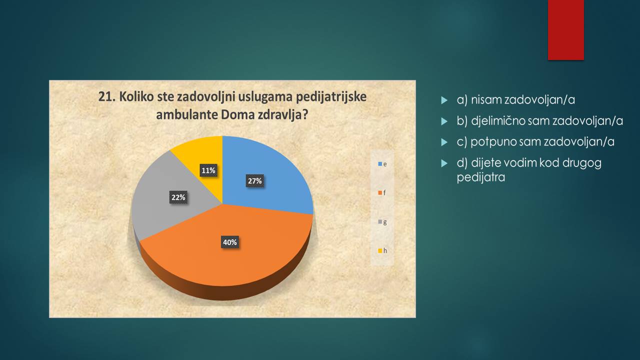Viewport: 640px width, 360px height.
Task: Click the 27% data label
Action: pyautogui.click(x=255, y=181)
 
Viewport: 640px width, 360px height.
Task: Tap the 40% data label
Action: pyautogui.click(x=229, y=242)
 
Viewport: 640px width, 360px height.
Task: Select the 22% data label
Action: pyautogui.click(x=178, y=197)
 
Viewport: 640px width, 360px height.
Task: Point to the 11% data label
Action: pyautogui.click(x=208, y=170)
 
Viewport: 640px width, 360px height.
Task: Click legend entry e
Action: pyautogui.click(x=382, y=164)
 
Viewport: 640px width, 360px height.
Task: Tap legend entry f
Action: pyautogui.click(x=382, y=193)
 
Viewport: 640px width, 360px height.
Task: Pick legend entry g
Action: pyautogui.click(x=382, y=222)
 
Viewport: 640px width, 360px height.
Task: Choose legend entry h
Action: pyautogui.click(x=382, y=250)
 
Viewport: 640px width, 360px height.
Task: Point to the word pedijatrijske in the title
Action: pyautogui.click(x=331, y=97)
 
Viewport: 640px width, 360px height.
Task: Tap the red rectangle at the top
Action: pyautogui.click(x=565, y=30)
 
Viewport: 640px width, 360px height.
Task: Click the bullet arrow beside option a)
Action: pyautogui.click(x=444, y=100)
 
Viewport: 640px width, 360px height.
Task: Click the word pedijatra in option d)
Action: pyautogui.click(x=481, y=177)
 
